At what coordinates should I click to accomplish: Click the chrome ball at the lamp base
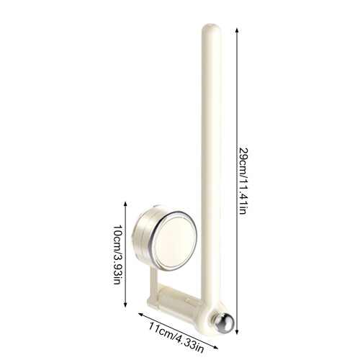tap(225, 323)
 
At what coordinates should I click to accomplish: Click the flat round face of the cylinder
tap(176, 242)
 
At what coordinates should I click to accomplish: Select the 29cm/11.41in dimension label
tap(243, 181)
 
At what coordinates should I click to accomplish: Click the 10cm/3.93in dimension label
tap(117, 255)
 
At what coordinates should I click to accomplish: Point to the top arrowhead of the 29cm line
tap(237, 30)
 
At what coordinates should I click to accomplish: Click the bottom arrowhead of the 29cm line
tap(237, 332)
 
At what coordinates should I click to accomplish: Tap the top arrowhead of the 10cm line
tap(125, 204)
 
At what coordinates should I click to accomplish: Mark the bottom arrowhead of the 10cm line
tap(125, 305)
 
